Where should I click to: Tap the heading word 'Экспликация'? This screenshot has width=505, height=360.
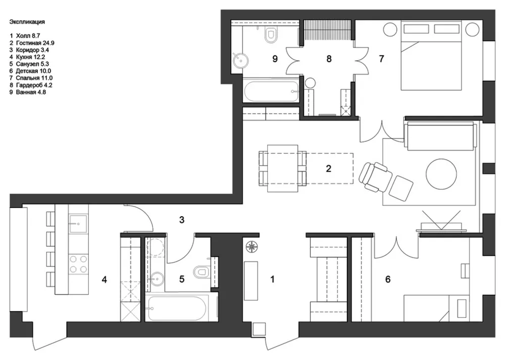coord(27,22)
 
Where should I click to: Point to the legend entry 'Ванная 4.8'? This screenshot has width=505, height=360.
coord(31,92)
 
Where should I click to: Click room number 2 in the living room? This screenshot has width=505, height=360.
coord(329,169)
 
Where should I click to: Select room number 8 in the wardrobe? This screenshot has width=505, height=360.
coord(329,59)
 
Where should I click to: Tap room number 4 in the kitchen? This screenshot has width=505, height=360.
coord(104,280)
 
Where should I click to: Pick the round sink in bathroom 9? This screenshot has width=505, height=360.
coord(240,60)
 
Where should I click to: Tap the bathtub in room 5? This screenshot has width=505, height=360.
coord(176,308)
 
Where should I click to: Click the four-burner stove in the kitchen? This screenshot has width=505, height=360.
coord(78,264)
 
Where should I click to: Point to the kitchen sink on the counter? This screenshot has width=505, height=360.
coord(78,223)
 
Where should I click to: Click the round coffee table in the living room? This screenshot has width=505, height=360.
coord(441,174)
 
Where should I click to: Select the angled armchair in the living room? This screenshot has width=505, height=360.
coord(375,177)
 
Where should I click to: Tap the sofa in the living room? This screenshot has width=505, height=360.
coord(440,135)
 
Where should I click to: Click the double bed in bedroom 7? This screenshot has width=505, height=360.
coord(431,55)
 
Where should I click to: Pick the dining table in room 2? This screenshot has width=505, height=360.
coord(283,168)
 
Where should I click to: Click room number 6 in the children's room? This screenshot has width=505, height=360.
coord(388,279)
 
